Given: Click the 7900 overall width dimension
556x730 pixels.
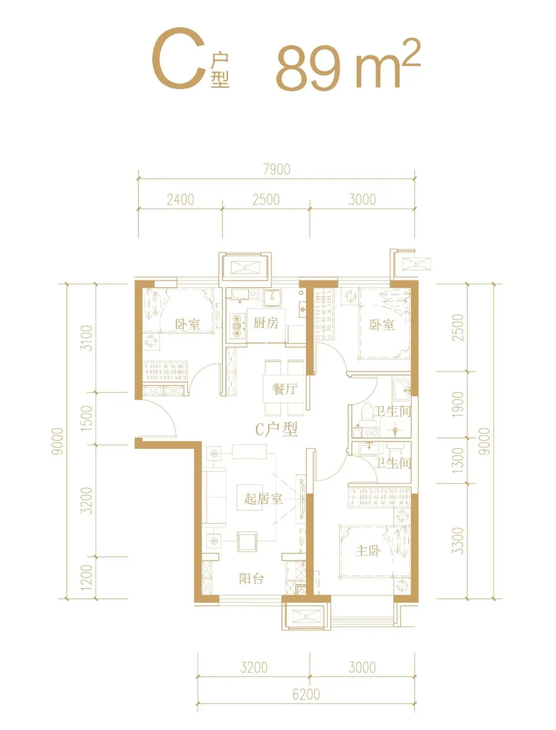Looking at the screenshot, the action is click(276, 169).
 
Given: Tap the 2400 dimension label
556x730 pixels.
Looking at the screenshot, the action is click(181, 200).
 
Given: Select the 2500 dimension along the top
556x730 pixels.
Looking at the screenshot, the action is click(266, 200).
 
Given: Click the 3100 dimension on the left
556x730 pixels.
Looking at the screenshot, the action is click(87, 338).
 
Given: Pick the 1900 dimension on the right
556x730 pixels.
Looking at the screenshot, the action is click(458, 405).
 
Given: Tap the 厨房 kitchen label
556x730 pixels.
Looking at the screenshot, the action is click(266, 323).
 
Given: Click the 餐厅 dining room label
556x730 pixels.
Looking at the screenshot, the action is click(285, 389).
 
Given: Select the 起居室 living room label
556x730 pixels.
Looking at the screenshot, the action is click(263, 499).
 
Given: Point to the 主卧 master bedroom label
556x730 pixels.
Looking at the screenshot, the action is click(368, 551).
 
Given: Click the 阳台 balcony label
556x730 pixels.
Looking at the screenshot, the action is click(251, 579).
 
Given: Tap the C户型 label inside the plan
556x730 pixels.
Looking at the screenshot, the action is click(276, 429).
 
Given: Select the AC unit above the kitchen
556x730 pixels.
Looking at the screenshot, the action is click(246, 268).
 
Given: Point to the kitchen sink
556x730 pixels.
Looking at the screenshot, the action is click(273, 298).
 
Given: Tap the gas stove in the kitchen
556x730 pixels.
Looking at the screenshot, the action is click(236, 325).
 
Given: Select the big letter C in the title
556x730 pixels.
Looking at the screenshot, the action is click(179, 59).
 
